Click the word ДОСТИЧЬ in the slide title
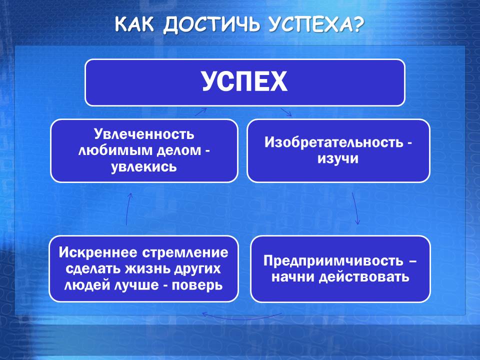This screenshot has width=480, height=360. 211,24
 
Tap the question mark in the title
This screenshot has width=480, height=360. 357,24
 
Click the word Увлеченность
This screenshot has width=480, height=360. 144,134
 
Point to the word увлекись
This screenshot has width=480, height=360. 144,167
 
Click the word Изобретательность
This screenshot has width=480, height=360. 334,142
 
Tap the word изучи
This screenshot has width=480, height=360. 337,158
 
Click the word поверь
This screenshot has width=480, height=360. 197,285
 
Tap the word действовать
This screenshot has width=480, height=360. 364,277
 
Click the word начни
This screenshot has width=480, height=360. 293,277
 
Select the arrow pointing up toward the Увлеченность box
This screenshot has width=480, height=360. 128,209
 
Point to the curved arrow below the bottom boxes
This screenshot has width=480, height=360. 242,318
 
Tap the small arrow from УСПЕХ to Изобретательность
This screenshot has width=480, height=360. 286,112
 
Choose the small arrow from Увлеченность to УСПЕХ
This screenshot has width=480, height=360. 201,112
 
